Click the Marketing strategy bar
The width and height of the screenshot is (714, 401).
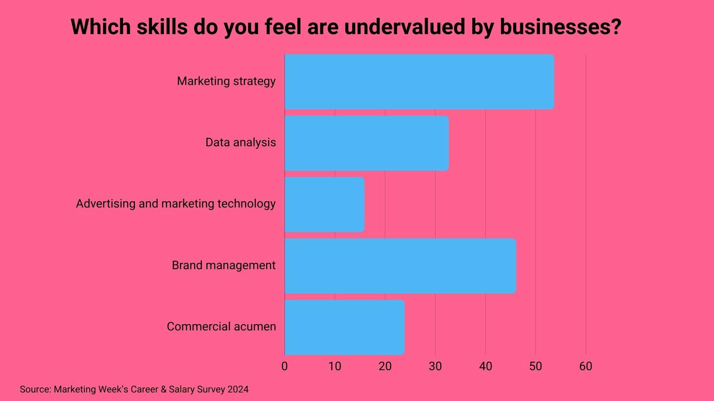pyautogui.click(x=419, y=82)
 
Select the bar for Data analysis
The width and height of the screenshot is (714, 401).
pyautogui.click(x=367, y=143)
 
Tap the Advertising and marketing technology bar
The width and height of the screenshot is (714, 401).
pyautogui.click(x=324, y=204)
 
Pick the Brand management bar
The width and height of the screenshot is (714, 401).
pyautogui.click(x=400, y=266)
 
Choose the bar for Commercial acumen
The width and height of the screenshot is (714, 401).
pyautogui.click(x=344, y=327)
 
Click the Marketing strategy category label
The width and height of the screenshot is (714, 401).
pyautogui.click(x=226, y=81)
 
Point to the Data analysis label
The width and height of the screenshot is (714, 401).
pyautogui.click(x=241, y=142)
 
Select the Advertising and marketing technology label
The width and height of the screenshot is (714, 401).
pyautogui.click(x=176, y=203)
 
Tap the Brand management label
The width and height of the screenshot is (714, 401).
pyautogui.click(x=223, y=265)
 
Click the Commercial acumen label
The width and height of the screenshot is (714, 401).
pyautogui.click(x=221, y=326)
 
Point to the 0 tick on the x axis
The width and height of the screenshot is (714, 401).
pyautogui.click(x=284, y=366)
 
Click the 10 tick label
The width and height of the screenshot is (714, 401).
pyautogui.click(x=335, y=366)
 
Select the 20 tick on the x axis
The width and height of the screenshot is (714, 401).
pyautogui.click(x=385, y=366)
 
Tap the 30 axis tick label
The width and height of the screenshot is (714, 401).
pyautogui.click(x=435, y=366)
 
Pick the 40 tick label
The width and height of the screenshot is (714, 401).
pyautogui.click(x=485, y=366)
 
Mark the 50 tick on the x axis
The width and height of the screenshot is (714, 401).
pyautogui.click(x=535, y=366)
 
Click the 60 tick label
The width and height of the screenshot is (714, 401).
pyautogui.click(x=586, y=366)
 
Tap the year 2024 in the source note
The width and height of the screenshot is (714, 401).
pyautogui.click(x=238, y=389)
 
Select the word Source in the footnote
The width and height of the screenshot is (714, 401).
pyautogui.click(x=35, y=389)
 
